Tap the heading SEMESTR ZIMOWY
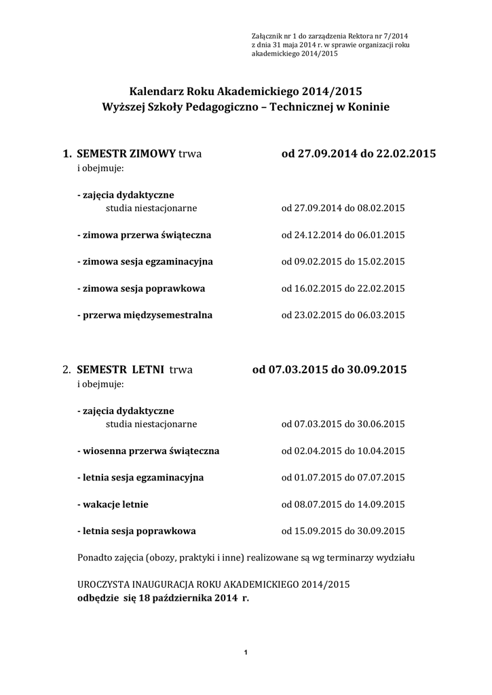point(126,153)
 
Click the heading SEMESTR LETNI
point(121,370)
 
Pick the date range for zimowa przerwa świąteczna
point(343,236)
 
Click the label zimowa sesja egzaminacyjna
point(145,262)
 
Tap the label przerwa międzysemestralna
point(145,315)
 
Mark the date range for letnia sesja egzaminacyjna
point(343,478)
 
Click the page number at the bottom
point(245,653)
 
